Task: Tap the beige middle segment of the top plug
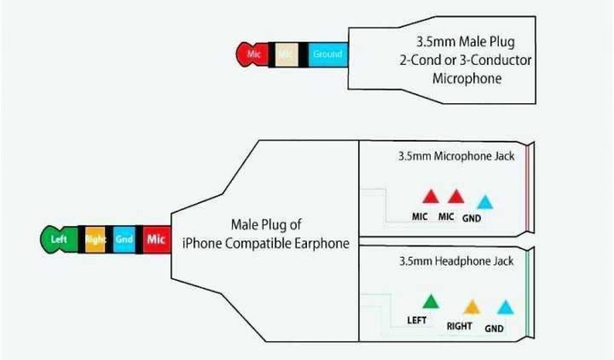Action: (287, 54)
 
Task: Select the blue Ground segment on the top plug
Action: (327, 54)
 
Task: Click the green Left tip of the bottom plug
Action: (58, 239)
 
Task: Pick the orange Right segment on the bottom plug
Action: (95, 239)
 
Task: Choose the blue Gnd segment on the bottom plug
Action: (124, 239)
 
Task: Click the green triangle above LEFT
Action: (430, 302)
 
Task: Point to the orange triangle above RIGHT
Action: (472, 307)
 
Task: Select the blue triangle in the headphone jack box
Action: (506, 308)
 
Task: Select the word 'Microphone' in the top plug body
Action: (467, 78)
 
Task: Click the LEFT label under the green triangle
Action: (417, 320)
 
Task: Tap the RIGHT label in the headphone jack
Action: (459, 326)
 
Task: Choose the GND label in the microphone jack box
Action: (472, 218)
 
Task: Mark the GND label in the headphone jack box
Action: (494, 328)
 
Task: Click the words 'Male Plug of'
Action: (266, 225)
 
